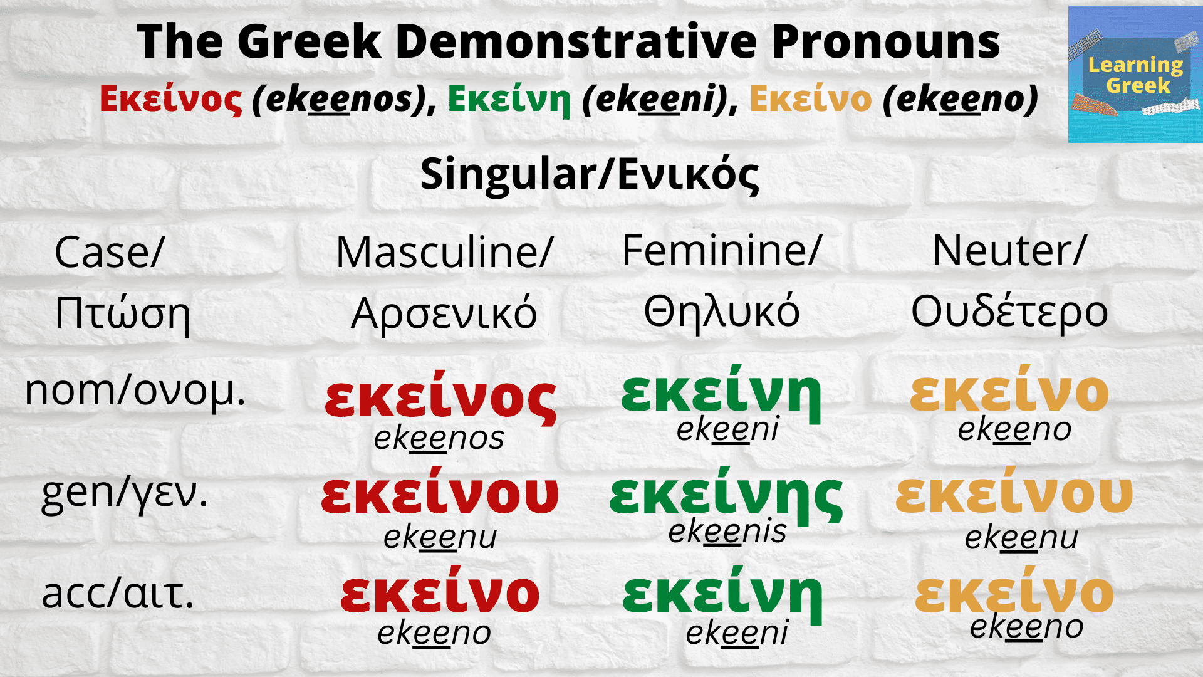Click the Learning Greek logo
pyautogui.click(x=1135, y=75)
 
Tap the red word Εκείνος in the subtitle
pyautogui.click(x=170, y=99)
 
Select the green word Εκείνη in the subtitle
pyautogui.click(x=509, y=99)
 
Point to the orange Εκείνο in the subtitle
pyautogui.click(x=810, y=99)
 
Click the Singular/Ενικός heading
pyautogui.click(x=590, y=174)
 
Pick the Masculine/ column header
pyautogui.click(x=444, y=252)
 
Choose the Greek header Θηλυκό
pyautogui.click(x=722, y=312)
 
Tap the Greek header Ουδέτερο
pyautogui.click(x=1009, y=312)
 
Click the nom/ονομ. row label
pyautogui.click(x=135, y=391)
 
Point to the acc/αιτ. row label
pyautogui.click(x=118, y=594)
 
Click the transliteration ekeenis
pyautogui.click(x=727, y=532)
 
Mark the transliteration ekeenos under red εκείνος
pyautogui.click(x=439, y=438)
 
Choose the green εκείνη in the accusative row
pyautogui.click(x=722, y=594)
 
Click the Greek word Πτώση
pyautogui.click(x=123, y=313)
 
